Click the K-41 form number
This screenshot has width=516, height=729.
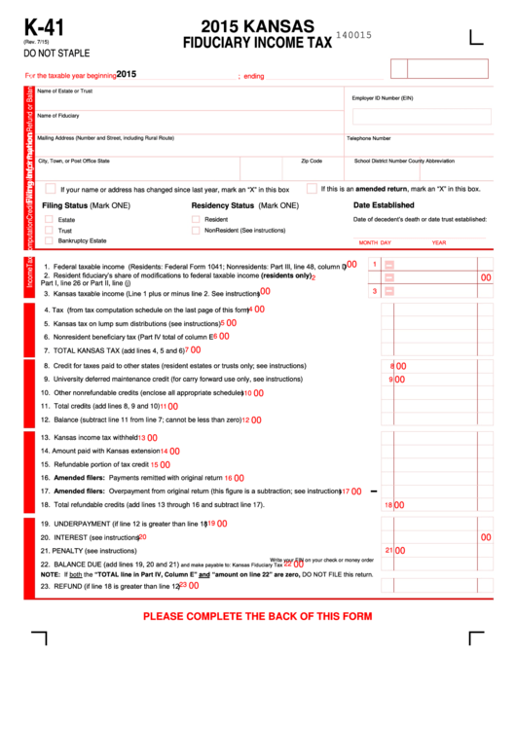(x=44, y=27)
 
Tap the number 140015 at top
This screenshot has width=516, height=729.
(x=353, y=35)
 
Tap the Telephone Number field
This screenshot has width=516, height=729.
(x=419, y=145)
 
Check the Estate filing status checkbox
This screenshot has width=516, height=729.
(x=49, y=220)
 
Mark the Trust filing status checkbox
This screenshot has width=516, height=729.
(x=49, y=231)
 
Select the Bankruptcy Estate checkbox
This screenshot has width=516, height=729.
(x=49, y=240)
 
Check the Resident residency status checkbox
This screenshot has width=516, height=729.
(x=196, y=220)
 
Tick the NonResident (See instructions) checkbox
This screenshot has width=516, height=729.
(x=196, y=231)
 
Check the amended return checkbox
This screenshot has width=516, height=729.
(x=312, y=189)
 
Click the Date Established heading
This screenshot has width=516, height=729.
(x=383, y=205)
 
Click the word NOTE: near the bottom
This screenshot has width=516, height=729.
(x=50, y=574)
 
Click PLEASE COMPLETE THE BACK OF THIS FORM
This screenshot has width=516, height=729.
(x=257, y=616)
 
